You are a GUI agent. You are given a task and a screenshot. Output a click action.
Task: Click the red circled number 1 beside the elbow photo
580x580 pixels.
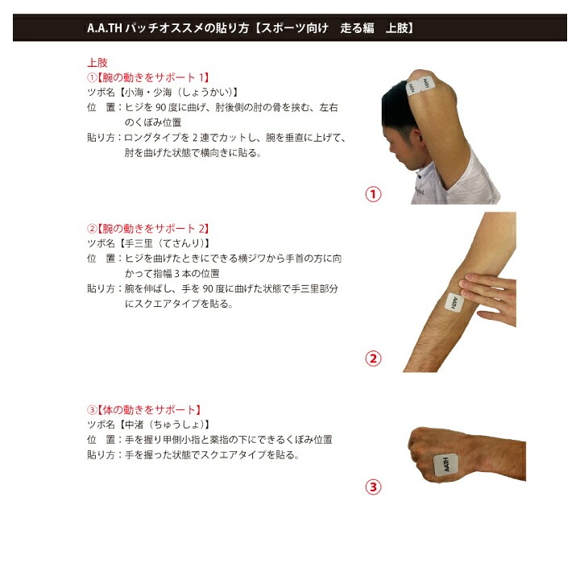click(373, 194)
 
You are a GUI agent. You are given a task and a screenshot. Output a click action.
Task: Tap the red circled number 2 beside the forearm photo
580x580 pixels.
click(373, 358)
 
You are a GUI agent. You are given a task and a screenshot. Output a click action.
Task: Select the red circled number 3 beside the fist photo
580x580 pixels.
click(373, 487)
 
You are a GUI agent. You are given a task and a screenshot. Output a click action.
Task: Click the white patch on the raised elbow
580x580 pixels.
click(420, 86)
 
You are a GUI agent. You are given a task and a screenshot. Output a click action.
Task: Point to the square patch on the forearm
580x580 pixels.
click(454, 303)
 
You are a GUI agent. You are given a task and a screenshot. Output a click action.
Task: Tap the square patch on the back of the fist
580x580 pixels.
click(446, 465)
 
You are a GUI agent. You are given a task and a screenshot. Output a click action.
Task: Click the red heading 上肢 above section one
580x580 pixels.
click(97, 63)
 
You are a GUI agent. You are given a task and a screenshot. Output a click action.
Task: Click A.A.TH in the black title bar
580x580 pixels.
click(104, 28)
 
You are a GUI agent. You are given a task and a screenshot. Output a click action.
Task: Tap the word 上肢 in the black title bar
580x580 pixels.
click(396, 28)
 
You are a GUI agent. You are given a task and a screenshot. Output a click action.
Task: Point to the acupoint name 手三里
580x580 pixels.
click(139, 243)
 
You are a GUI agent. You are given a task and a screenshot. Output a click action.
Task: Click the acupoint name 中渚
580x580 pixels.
click(134, 425)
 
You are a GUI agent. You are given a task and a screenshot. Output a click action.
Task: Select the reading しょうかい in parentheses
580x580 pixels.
click(207, 92)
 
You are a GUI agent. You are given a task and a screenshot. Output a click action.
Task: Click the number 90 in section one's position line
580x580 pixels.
click(160, 108)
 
